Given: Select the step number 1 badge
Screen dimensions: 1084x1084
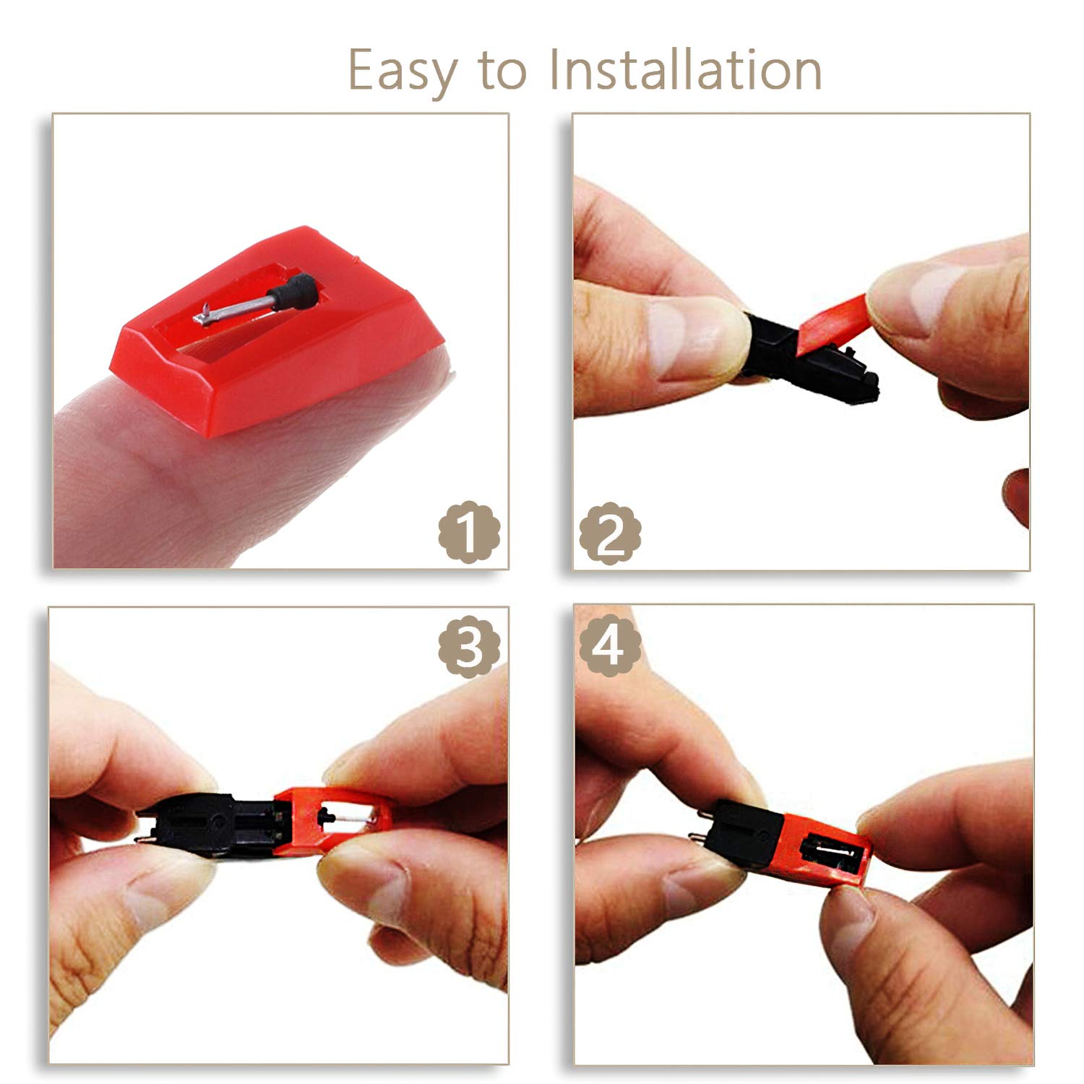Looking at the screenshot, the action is [469, 532].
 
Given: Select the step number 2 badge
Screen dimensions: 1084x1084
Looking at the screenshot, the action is [611, 533].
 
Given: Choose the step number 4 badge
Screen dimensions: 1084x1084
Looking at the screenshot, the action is [611, 644].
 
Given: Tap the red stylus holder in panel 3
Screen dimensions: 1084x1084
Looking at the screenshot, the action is [334, 820].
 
